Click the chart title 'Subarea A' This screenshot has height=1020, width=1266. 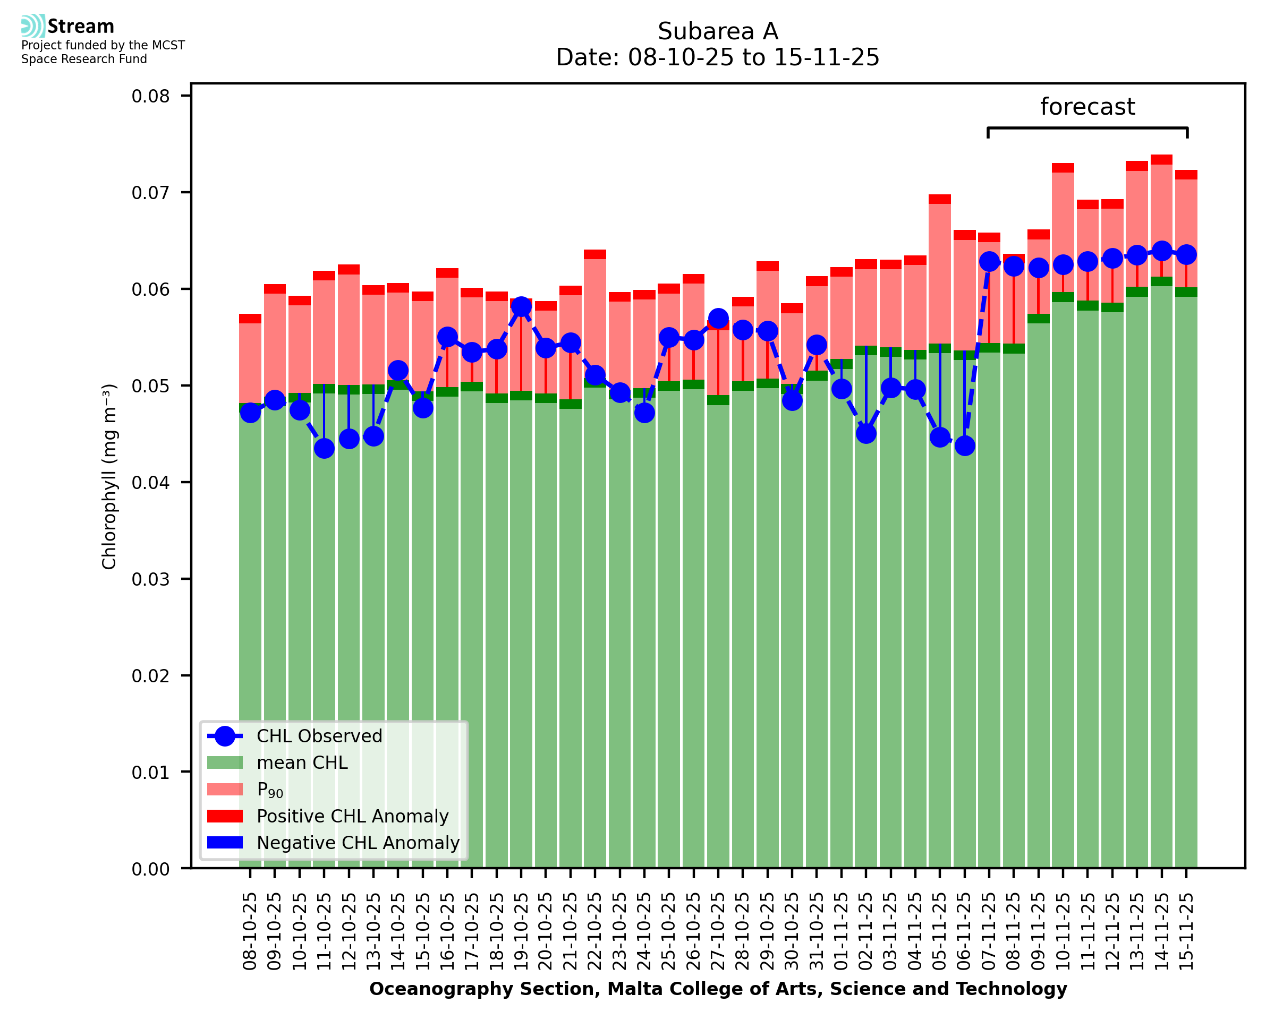coord(718,31)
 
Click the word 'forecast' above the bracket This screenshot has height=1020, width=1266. coord(1087,107)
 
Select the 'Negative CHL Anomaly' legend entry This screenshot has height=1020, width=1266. coord(358,843)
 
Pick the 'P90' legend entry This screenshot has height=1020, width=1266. coord(270,790)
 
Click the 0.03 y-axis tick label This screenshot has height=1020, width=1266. coord(150,579)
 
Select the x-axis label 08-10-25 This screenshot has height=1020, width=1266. coord(250,932)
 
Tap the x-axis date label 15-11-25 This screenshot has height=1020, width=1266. coord(1186,932)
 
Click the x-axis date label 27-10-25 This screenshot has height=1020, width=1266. coord(718,932)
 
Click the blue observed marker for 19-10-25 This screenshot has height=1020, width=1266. coord(521,307)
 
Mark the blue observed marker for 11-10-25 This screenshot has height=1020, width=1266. coord(324,448)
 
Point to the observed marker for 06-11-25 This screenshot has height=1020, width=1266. coord(964,446)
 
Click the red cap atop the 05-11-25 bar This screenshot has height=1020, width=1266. coord(939,199)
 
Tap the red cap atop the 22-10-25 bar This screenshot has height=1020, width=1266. coord(595,254)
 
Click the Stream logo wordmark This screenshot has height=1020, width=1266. coord(81,27)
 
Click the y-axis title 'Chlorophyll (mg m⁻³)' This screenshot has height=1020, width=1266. coord(109,476)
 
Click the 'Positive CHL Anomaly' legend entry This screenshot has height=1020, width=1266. coord(352,816)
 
